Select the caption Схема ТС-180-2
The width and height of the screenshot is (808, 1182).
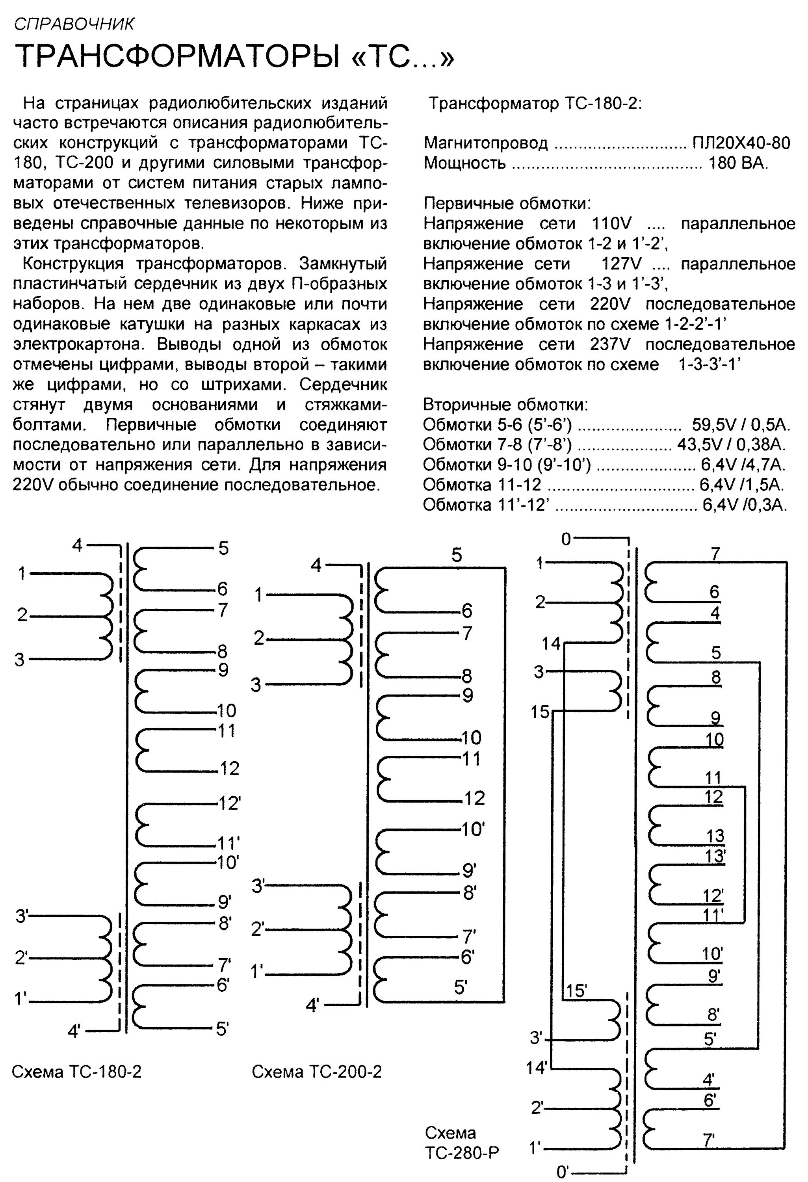click(76, 1072)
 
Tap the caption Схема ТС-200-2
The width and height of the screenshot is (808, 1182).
click(316, 1072)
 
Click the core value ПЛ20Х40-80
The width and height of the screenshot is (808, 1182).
click(741, 143)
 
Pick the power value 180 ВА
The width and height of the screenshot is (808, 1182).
click(738, 163)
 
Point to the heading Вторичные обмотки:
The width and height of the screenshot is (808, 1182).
click(505, 405)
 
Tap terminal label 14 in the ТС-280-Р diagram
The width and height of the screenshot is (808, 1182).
click(551, 644)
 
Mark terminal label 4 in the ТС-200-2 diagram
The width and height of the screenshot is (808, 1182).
click(316, 565)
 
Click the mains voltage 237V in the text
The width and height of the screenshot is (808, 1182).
click(610, 344)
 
